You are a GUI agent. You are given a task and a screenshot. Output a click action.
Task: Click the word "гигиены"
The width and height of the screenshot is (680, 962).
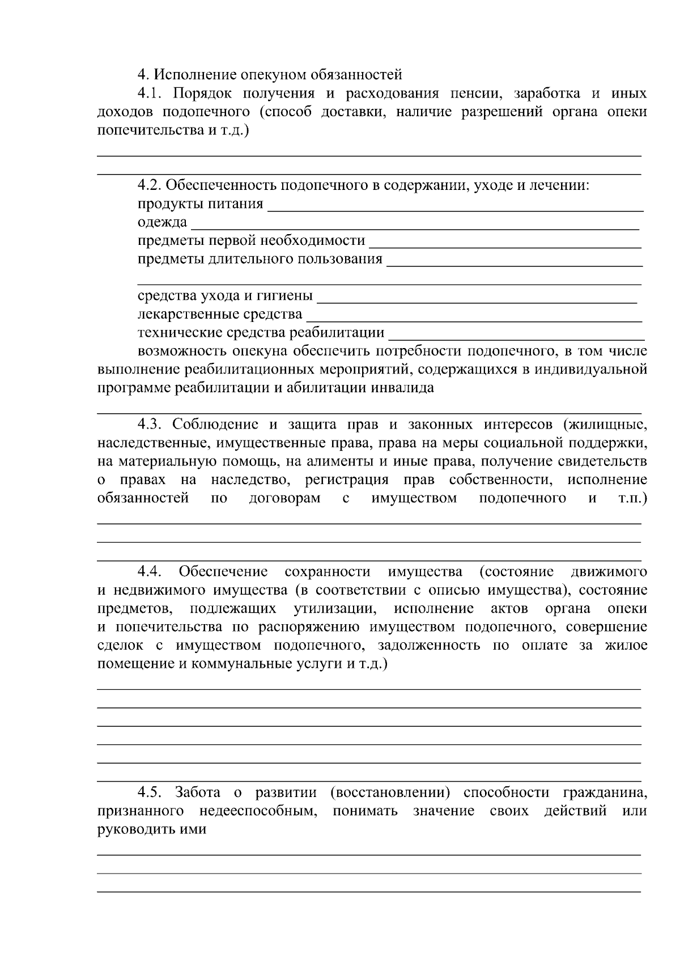(x=286, y=296)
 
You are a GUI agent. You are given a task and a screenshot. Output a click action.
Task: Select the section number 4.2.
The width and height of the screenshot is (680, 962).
(x=150, y=185)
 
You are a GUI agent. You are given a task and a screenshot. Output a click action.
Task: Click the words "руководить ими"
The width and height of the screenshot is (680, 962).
(x=151, y=829)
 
